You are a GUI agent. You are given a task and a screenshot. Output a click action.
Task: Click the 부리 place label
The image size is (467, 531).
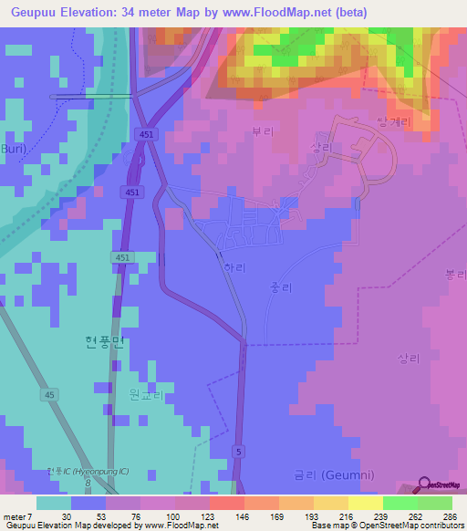(263, 131)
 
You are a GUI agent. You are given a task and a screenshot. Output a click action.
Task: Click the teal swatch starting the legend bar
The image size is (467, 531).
(53, 503)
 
